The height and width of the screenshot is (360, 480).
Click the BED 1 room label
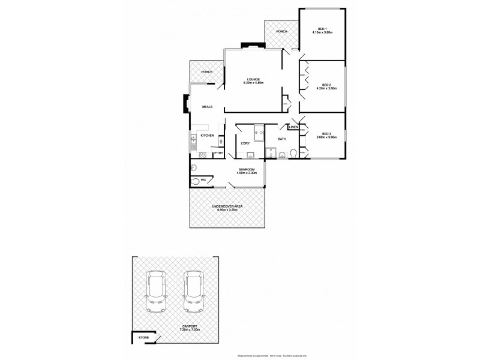pyautogui.click(x=322, y=29)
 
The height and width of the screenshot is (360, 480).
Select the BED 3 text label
pyautogui.click(x=326, y=133)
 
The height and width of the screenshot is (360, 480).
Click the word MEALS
pyautogui.click(x=208, y=107)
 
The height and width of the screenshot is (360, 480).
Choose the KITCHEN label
pyautogui.click(x=207, y=136)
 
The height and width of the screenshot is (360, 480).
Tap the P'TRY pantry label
pyautogui.click(x=218, y=154)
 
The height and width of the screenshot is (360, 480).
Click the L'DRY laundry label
pyautogui.click(x=245, y=143)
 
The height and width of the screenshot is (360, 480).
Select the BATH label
pyautogui.click(x=281, y=139)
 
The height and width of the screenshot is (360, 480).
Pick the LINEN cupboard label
pyautogui.click(x=293, y=127)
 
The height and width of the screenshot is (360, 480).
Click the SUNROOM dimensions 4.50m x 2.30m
pyautogui.click(x=247, y=173)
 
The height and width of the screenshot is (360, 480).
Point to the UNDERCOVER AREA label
pyautogui.click(x=227, y=206)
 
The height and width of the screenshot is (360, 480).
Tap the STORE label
pyautogui.click(x=143, y=338)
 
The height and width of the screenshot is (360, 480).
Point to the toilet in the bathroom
pyautogui.click(x=292, y=155)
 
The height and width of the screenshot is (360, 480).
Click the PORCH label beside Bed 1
pyautogui.click(x=281, y=32)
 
